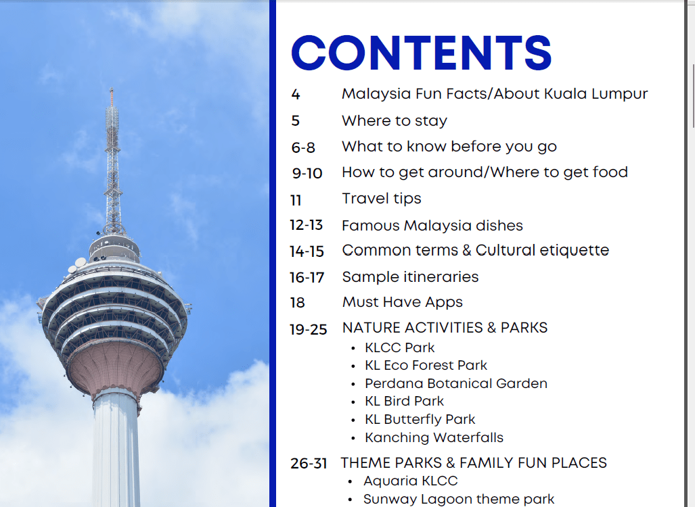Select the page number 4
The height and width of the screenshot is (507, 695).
[296, 95]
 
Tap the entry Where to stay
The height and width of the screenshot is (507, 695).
[395, 121]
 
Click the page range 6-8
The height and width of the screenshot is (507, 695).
[303, 147]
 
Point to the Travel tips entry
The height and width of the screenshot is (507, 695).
[381, 198]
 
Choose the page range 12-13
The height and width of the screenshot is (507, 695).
[307, 225]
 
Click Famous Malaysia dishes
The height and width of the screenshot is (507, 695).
[432, 226]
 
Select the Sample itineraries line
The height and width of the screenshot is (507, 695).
[411, 277]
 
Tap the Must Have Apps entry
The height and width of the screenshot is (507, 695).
[403, 302]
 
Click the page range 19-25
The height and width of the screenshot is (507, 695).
[308, 329]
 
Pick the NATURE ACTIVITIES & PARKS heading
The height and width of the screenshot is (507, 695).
[445, 328]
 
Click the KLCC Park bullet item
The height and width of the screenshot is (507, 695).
[399, 347]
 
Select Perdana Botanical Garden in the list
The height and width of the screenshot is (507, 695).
[456, 383]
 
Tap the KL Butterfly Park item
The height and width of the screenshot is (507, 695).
[420, 419]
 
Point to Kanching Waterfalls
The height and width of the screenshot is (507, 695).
[434, 437]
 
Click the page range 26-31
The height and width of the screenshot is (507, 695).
[309, 464]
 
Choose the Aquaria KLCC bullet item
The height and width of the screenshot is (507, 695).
[411, 481]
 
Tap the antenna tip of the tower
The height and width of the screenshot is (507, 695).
[112, 89]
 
